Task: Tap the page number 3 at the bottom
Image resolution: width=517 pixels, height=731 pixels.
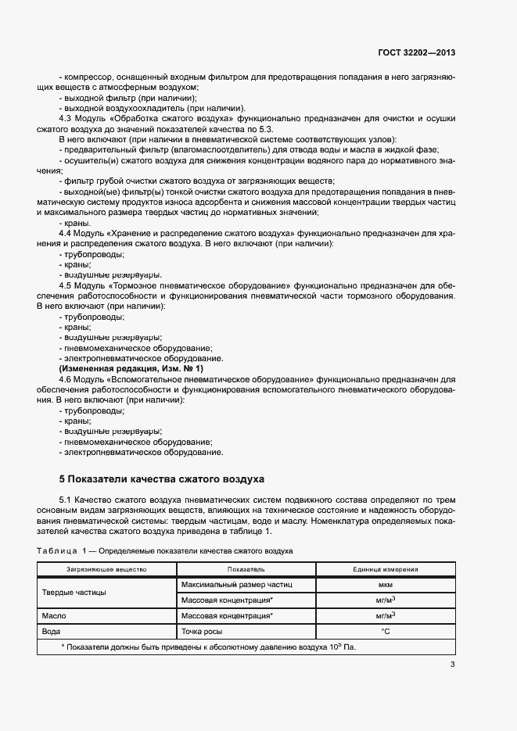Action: (452, 665)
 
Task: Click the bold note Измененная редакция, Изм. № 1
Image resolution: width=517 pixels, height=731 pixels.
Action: (131, 367)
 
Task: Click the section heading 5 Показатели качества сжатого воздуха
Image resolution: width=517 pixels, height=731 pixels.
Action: (162, 478)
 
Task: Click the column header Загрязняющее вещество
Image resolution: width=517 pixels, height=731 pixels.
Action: (106, 570)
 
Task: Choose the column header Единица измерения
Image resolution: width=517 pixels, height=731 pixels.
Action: (385, 570)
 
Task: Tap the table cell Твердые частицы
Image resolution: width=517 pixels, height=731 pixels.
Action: (74, 593)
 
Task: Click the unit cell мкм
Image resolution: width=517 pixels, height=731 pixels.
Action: (385, 585)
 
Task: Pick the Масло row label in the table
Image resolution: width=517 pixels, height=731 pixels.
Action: (54, 615)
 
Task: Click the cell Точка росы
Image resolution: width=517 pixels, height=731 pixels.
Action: (203, 630)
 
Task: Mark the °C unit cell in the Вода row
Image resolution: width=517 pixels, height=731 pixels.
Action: (385, 630)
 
